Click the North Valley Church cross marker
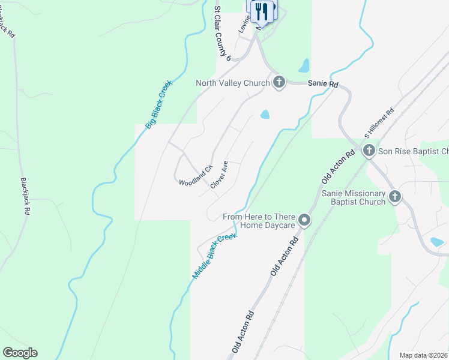(x=279, y=83)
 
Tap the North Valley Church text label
(x=232, y=83)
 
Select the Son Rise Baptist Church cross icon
(x=369, y=151)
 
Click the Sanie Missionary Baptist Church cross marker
(x=395, y=196)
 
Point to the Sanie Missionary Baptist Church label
(x=353, y=197)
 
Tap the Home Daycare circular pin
(x=304, y=221)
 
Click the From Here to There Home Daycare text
(x=259, y=221)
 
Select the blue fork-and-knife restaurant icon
(x=261, y=10)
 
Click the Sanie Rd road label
(x=323, y=85)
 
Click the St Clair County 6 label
(x=223, y=34)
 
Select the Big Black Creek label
(x=159, y=104)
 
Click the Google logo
(x=20, y=352)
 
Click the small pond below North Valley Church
(x=265, y=114)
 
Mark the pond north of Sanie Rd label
(x=304, y=65)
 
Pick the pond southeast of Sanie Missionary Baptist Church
(x=437, y=242)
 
